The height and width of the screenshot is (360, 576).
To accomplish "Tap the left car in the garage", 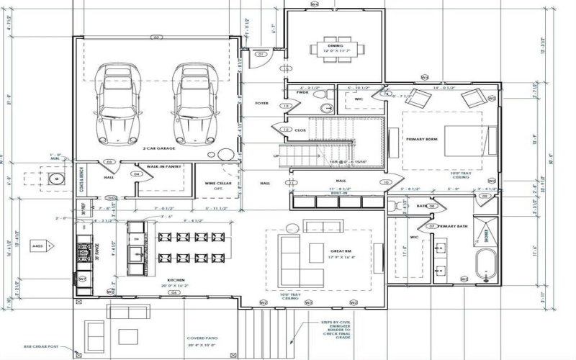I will point(115,102).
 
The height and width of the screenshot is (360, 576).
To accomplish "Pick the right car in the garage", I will point(192,102).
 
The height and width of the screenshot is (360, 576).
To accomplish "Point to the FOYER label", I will point(262,104).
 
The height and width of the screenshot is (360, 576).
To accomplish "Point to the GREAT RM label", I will point(320,252).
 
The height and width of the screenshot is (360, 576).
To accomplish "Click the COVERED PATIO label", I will point(202,338).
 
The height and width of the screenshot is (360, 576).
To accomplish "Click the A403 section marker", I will point(37,247).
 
